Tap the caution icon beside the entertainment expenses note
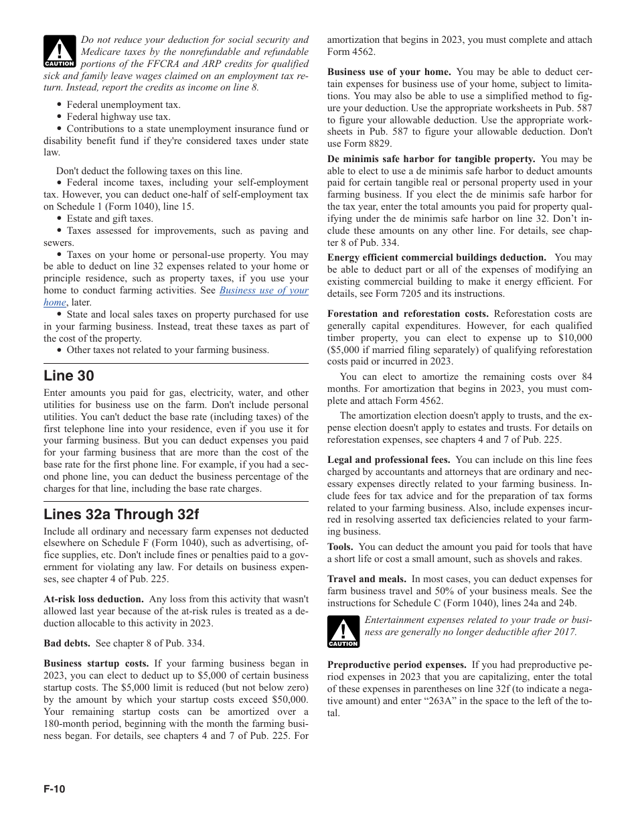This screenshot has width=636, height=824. point(343,632)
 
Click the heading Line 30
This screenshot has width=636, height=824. point(69,376)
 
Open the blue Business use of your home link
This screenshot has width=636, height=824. point(264,291)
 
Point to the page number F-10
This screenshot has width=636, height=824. point(55,789)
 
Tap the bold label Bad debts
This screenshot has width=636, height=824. point(67,643)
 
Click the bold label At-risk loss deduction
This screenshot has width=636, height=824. point(94,599)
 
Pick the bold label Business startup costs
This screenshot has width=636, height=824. point(96,663)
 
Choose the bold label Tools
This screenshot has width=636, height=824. point(340,547)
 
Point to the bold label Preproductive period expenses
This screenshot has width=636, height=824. point(397,665)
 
